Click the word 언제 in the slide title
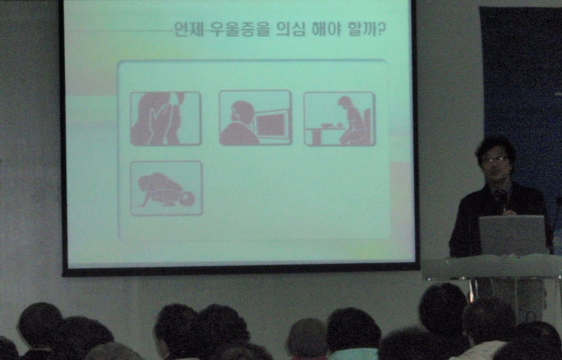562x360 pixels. [x=187, y=29]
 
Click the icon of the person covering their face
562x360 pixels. [x=166, y=119]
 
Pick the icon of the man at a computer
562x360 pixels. [x=255, y=117]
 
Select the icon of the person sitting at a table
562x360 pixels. [x=339, y=119]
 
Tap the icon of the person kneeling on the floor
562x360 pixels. [x=166, y=188]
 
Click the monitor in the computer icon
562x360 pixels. [x=271, y=124]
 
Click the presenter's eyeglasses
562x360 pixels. [x=495, y=159]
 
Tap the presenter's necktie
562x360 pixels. [x=500, y=199]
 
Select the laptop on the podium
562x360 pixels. [x=513, y=235]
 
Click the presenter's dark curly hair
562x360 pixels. [x=495, y=148]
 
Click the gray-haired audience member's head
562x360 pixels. [x=307, y=338]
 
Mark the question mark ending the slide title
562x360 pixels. [x=382, y=29]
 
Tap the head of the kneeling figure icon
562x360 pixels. [x=187, y=199]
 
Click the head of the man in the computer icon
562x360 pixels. [x=243, y=112]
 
